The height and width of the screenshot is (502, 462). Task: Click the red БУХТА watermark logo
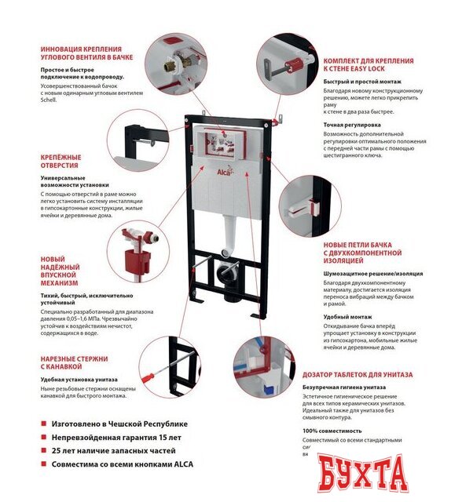point(364,473)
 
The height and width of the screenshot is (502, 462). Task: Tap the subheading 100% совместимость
point(332,431)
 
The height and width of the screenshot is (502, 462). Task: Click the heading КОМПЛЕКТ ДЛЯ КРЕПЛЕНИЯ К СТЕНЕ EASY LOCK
point(363,64)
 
